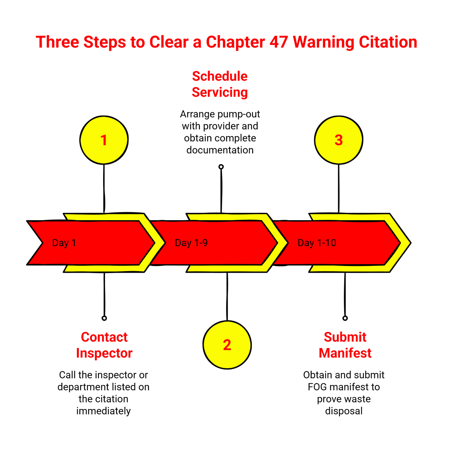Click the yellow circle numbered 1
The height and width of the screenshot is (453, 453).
104,140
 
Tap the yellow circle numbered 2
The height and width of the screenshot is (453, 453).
227,345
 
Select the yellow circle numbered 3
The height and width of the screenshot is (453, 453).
338,140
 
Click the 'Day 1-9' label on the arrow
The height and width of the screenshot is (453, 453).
191,243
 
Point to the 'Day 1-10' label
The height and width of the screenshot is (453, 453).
317,243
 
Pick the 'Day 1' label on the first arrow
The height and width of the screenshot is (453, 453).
64,243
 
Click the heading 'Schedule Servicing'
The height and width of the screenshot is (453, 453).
220,84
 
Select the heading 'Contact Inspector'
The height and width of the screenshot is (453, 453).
104,345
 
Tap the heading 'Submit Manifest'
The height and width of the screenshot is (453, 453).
345,345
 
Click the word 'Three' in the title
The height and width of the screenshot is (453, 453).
57,42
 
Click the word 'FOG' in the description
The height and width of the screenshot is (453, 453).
317,387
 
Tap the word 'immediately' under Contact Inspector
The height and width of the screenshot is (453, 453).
103,411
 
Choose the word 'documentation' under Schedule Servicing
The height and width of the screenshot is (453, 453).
220,150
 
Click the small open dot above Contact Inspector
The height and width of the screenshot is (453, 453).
104,318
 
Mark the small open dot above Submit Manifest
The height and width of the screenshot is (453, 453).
345,318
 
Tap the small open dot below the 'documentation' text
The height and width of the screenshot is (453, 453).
221,167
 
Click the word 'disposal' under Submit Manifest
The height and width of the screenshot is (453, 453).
344,411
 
